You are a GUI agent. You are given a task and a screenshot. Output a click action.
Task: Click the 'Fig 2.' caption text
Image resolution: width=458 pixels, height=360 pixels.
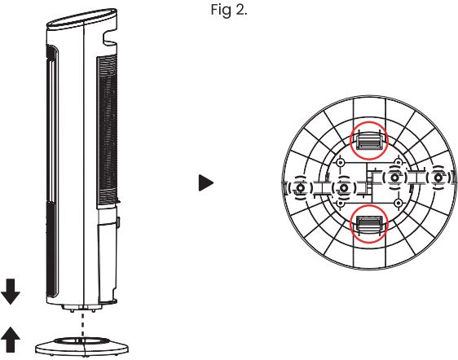pos(229,11)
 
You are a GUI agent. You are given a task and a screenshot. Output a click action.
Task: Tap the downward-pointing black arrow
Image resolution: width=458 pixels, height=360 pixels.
pos(11,292)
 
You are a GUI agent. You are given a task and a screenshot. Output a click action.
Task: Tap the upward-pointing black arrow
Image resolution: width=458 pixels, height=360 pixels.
pos(11,340)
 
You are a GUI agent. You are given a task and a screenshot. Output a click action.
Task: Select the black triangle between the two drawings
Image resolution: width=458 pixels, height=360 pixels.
pos(206,182)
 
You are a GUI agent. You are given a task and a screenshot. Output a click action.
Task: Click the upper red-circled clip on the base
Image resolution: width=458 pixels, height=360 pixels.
pos(369,140)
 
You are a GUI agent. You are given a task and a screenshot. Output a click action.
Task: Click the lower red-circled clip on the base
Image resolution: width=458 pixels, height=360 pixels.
pos(369,223)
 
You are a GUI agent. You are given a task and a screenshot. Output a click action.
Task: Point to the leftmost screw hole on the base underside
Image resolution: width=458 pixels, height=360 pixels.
pos(300,187)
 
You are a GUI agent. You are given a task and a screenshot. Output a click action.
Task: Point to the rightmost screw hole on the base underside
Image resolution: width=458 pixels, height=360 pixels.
pos(438,178)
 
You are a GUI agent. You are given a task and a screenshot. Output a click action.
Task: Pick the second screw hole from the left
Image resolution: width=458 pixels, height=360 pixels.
pos(344,187)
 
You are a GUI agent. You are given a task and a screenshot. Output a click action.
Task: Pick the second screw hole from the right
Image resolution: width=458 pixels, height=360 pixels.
pos(394,178)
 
